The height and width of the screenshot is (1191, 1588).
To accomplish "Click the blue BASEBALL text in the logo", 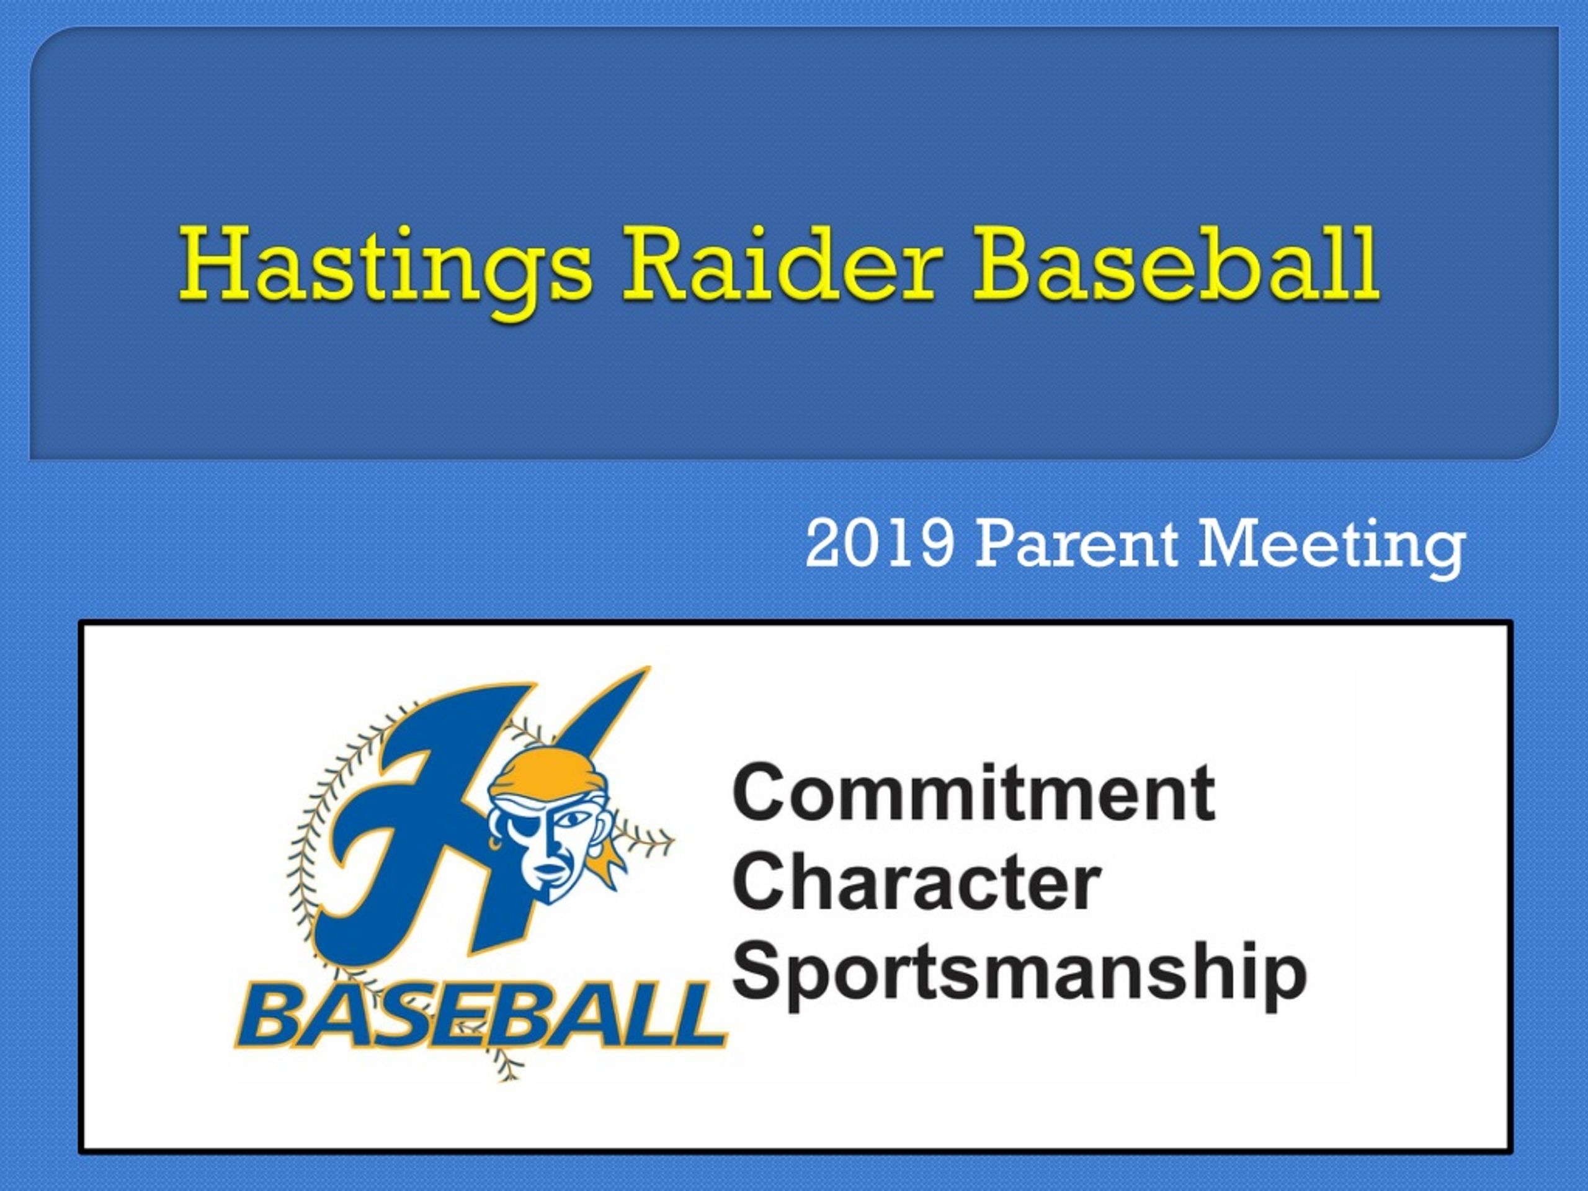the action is [x=479, y=1019].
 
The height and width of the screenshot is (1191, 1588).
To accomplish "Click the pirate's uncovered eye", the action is [x=572, y=818].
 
